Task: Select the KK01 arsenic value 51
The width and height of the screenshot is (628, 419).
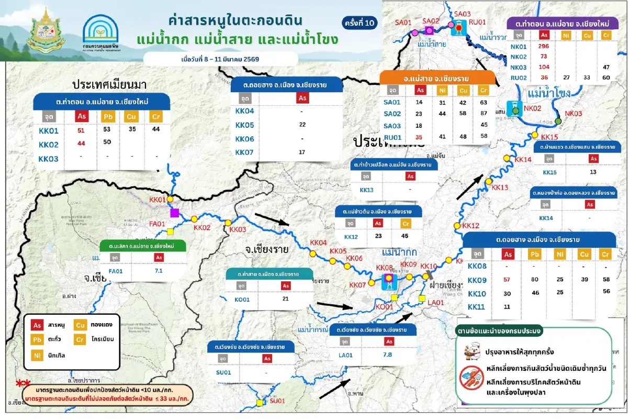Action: [x=81, y=130]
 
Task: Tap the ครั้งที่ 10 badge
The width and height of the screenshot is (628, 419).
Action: [x=360, y=23]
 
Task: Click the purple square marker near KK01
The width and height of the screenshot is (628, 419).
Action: [x=175, y=212]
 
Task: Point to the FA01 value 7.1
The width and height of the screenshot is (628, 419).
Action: [x=159, y=271]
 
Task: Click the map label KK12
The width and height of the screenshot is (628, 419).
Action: [x=470, y=226]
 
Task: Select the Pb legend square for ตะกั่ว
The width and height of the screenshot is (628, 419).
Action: [x=37, y=339]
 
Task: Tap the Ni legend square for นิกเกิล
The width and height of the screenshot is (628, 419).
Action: [x=37, y=355]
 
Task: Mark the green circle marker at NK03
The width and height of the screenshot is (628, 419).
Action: [x=558, y=121]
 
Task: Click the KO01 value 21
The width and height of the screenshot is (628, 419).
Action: [x=285, y=299]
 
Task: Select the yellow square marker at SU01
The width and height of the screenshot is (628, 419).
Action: [x=260, y=403]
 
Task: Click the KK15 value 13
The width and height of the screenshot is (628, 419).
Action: [x=593, y=172]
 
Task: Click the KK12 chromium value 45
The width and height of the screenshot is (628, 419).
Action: [x=405, y=236]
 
